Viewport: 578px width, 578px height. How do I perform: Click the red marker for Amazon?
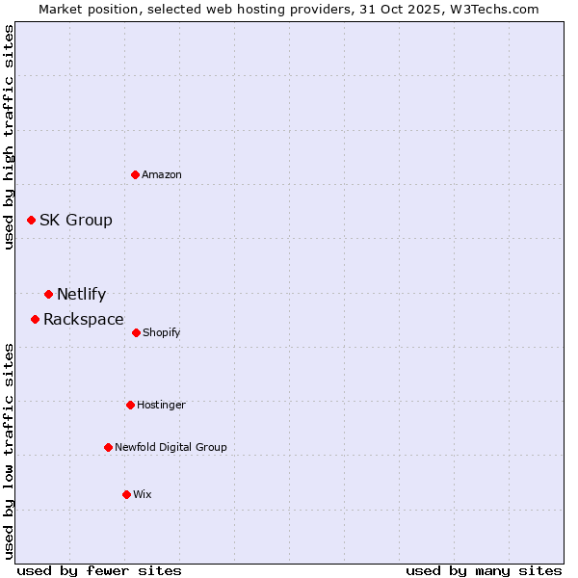pos(136,174)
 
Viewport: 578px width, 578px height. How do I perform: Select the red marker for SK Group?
pos(31,221)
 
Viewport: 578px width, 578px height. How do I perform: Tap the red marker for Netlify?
pos(48,294)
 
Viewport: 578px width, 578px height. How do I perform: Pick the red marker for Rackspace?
pos(35,319)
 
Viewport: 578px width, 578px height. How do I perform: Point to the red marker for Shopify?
pos(136,332)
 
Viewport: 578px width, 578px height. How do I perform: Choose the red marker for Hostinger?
pos(130,405)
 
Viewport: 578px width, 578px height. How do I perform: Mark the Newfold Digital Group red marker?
pos(108,447)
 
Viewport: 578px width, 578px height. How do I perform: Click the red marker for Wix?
pos(126,494)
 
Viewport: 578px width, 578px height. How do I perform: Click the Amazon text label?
pos(162,174)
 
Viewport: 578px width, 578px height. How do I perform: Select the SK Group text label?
pos(76,221)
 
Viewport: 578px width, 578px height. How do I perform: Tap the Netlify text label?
pos(82,295)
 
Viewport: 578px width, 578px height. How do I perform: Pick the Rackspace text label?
pos(84,320)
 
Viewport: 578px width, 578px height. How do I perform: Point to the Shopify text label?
pos(162,332)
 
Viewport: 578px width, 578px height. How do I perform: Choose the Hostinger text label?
pos(161,405)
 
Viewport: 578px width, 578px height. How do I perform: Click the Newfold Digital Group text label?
pos(171,447)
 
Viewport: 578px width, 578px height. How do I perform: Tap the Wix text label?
pos(143,494)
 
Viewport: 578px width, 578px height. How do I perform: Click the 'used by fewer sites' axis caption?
pos(99,570)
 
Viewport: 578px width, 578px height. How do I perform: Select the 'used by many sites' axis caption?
pos(484,570)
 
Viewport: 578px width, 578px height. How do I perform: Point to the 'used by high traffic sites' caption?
pos(9,137)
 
